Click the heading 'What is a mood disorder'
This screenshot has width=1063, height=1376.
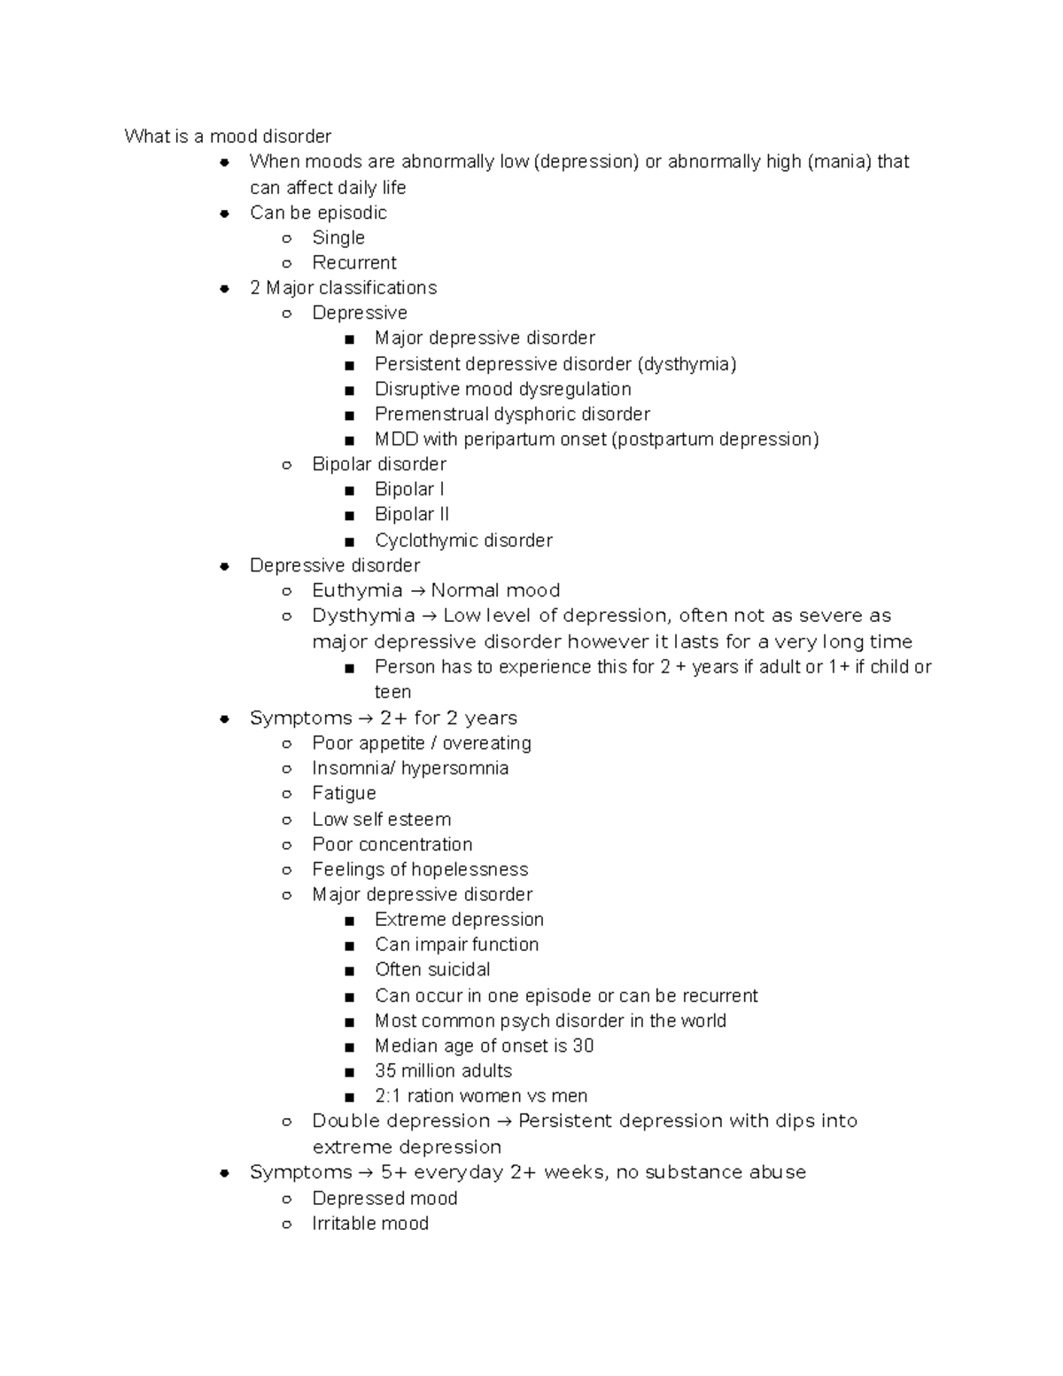pyautogui.click(x=228, y=136)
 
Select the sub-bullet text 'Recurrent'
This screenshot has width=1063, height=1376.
pyautogui.click(x=354, y=262)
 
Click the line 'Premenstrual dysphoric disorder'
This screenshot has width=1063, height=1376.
pyautogui.click(x=512, y=414)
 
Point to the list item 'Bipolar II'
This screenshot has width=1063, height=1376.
pyautogui.click(x=411, y=514)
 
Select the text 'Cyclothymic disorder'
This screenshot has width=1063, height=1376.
pyautogui.click(x=463, y=540)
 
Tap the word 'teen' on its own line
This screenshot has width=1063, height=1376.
pyautogui.click(x=392, y=692)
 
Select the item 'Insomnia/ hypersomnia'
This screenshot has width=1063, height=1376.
pyautogui.click(x=410, y=768)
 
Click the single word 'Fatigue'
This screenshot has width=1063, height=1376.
pyautogui.click(x=344, y=793)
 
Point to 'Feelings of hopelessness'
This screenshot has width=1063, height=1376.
pyautogui.click(x=420, y=869)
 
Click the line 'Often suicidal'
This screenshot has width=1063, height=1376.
pyautogui.click(x=432, y=969)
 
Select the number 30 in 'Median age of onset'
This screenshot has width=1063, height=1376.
pyautogui.click(x=583, y=1046)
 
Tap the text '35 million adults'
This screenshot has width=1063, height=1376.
pyautogui.click(x=443, y=1070)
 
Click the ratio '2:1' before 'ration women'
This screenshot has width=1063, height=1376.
pyautogui.click(x=388, y=1096)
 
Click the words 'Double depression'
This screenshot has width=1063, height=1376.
pyautogui.click(x=400, y=1121)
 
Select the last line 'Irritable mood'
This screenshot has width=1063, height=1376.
pyautogui.click(x=370, y=1223)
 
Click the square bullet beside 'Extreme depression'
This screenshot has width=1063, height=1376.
pyautogui.click(x=350, y=921)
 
